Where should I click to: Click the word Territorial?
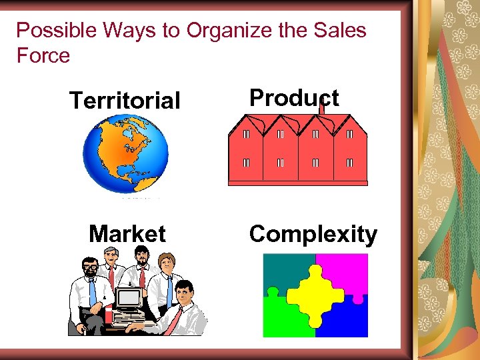125,101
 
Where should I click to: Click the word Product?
293,98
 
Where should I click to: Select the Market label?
127,234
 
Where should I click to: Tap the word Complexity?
313,234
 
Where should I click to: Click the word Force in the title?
43,55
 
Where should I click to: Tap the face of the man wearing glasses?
89,269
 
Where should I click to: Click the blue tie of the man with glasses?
93,292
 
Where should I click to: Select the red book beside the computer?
108,315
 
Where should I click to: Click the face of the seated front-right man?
185,291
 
